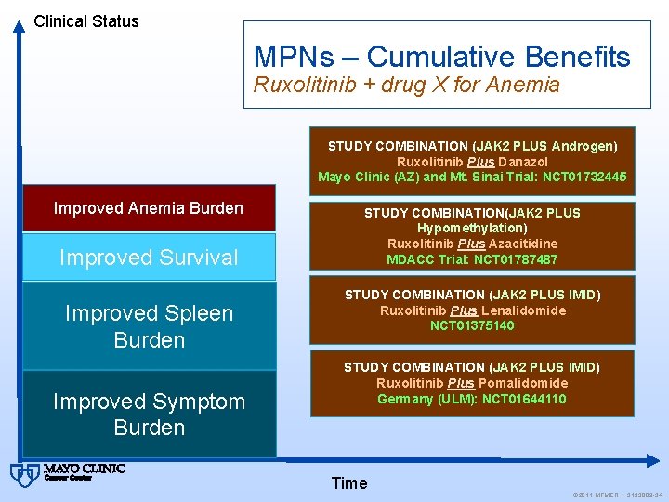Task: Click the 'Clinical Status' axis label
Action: (x=86, y=20)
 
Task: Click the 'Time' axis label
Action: (x=349, y=482)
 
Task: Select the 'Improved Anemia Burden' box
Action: (x=149, y=208)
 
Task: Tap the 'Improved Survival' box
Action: (x=149, y=258)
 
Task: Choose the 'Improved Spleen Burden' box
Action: (x=149, y=325)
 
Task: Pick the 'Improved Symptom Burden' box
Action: (x=149, y=414)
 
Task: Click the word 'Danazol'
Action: (x=526, y=161)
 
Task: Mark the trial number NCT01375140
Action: (x=472, y=326)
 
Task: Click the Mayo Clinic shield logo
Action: (x=21, y=474)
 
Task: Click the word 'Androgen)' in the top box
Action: (x=584, y=146)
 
